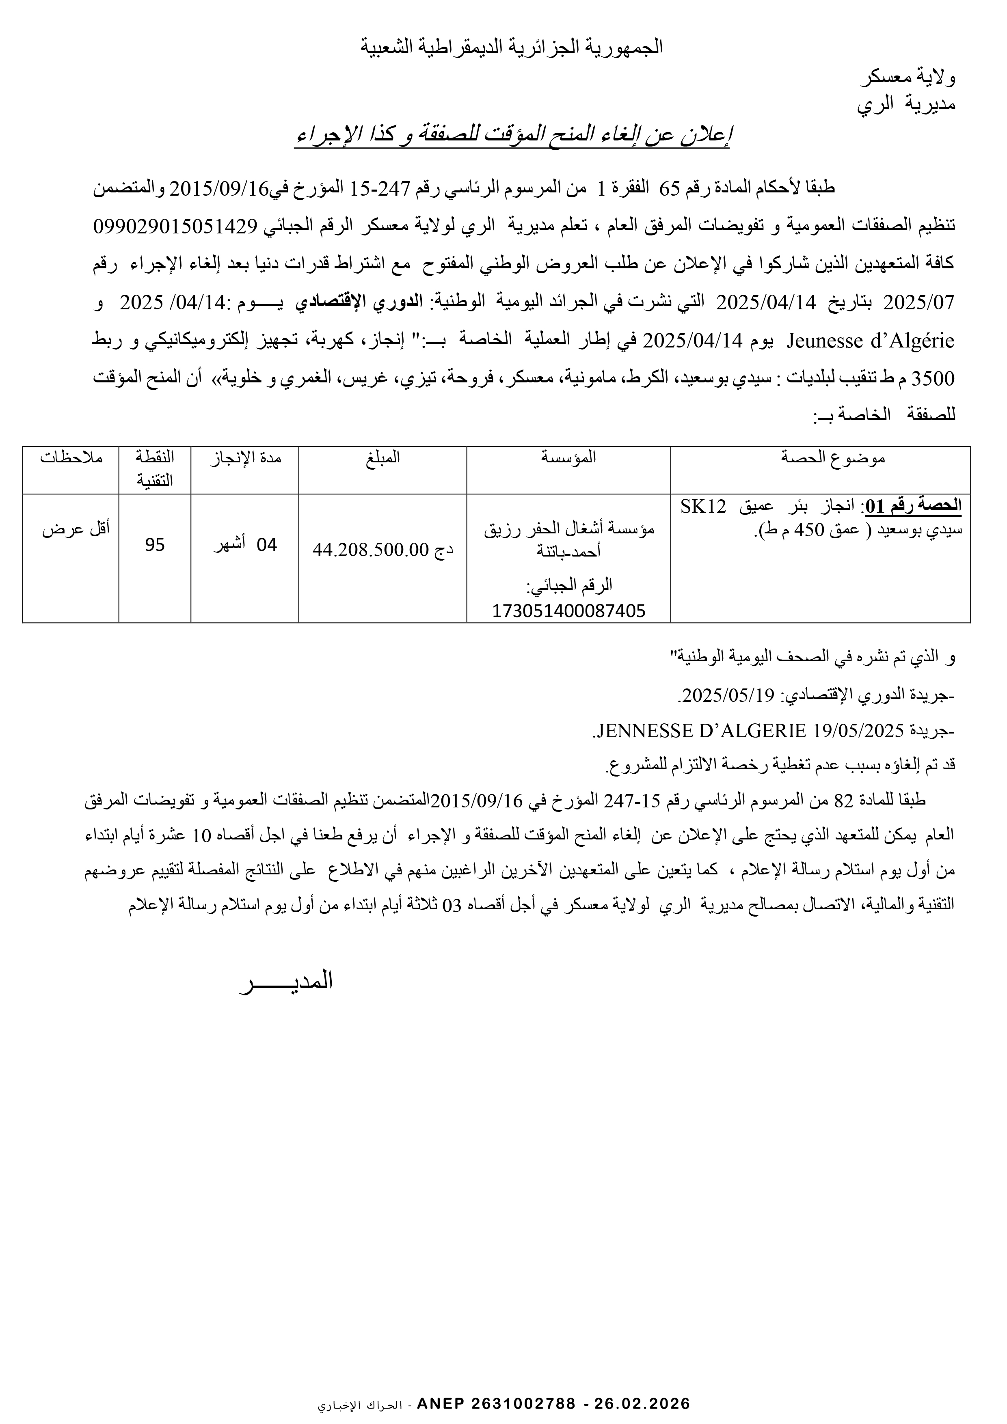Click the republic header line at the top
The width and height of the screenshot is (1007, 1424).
512,47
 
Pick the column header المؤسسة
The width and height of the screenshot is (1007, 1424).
568,458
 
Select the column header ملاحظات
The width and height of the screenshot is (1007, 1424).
71,458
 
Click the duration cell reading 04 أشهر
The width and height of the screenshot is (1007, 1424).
245,545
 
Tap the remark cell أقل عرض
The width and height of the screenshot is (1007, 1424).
76,530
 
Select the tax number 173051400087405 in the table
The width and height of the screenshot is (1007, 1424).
568,611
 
